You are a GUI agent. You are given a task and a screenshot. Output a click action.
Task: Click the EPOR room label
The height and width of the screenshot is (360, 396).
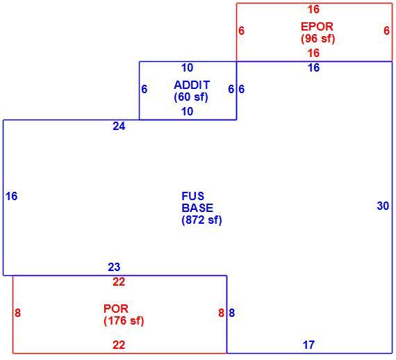pyautogui.click(x=317, y=26)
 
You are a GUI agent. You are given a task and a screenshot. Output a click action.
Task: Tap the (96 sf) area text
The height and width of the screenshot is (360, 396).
pyautogui.click(x=317, y=38)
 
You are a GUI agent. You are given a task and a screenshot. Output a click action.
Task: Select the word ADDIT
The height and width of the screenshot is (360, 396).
pyautogui.click(x=192, y=85)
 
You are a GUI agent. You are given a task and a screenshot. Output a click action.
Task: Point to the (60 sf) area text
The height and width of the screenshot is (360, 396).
pyautogui.click(x=191, y=97)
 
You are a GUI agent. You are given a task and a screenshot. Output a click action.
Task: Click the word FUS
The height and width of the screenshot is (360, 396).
pyautogui.click(x=192, y=196)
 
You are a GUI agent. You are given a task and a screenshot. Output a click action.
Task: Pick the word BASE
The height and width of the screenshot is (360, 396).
pyautogui.click(x=197, y=208)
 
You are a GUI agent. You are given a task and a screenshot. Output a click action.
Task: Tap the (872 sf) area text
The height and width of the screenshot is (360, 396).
pyautogui.click(x=201, y=220)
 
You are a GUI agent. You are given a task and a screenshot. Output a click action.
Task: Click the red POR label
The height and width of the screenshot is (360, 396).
pyautogui.click(x=116, y=309)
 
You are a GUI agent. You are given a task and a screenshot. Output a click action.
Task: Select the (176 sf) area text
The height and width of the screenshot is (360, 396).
pyautogui.click(x=124, y=321)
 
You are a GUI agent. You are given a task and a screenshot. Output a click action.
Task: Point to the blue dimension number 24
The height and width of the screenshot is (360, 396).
pyautogui.click(x=119, y=126)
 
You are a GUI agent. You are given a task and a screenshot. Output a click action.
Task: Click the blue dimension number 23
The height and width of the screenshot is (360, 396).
pyautogui.click(x=114, y=267)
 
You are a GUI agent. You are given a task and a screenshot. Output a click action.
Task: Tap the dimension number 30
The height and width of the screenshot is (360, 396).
pyautogui.click(x=383, y=206)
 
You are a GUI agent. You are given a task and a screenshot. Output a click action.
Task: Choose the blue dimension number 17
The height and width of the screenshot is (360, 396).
pyautogui.click(x=308, y=345)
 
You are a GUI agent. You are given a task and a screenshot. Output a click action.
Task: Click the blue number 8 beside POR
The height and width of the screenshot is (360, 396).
pyautogui.click(x=232, y=313)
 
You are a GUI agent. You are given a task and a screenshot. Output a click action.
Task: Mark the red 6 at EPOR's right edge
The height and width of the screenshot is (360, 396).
pyautogui.click(x=386, y=31)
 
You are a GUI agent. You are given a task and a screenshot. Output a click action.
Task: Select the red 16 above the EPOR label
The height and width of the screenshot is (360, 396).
pyautogui.click(x=313, y=9)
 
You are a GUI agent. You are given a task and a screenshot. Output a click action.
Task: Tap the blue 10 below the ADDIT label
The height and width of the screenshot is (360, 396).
pyautogui.click(x=187, y=111)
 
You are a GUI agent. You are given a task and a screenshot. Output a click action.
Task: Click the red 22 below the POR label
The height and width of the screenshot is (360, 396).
pyautogui.click(x=119, y=345)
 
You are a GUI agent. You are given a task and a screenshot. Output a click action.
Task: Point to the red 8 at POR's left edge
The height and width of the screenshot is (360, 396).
pyautogui.click(x=17, y=313)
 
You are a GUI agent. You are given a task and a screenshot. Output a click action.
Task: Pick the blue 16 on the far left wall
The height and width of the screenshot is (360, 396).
pyautogui.click(x=11, y=196)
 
